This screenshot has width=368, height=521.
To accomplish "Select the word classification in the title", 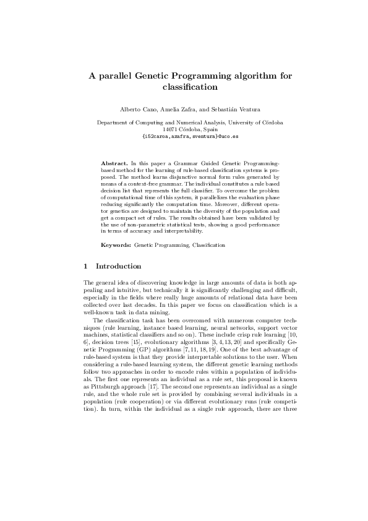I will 184,87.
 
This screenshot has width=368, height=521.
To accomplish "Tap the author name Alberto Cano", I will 134,109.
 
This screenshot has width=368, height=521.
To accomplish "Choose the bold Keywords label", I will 116,245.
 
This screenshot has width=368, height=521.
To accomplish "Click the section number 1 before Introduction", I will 85,266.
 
